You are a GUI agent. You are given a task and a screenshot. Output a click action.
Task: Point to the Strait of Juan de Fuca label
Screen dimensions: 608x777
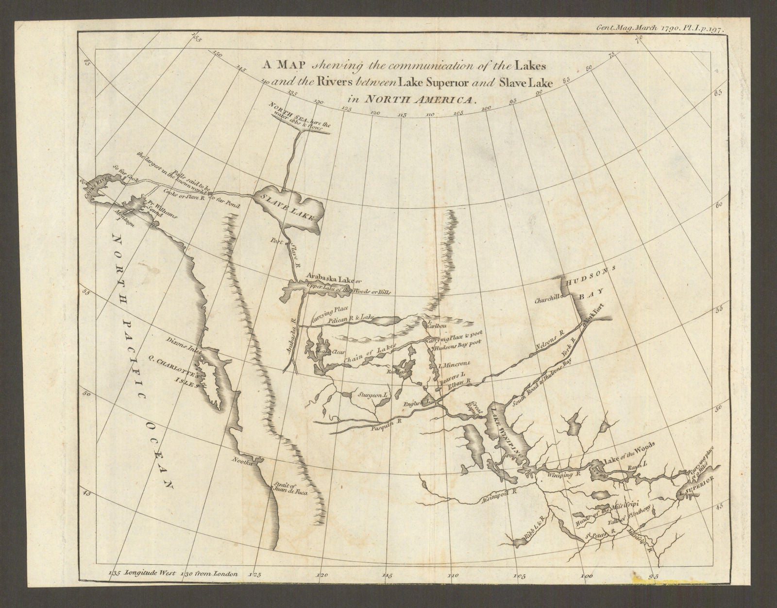[297, 488]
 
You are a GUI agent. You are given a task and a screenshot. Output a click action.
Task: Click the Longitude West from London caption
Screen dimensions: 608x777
[175, 574]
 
